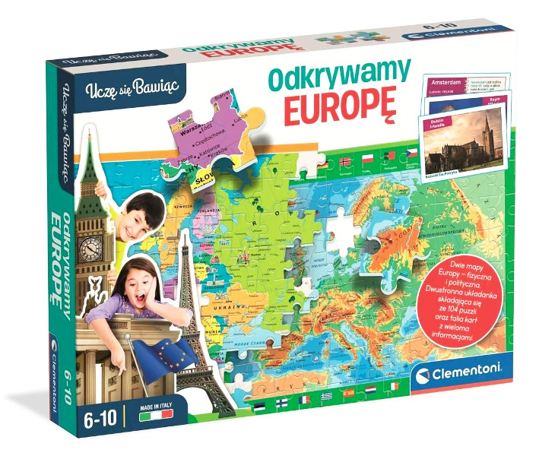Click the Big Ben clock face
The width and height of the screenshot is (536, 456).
[92, 246]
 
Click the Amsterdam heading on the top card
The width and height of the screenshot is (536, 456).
[447, 81]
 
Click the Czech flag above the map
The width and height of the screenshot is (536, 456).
[412, 154]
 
